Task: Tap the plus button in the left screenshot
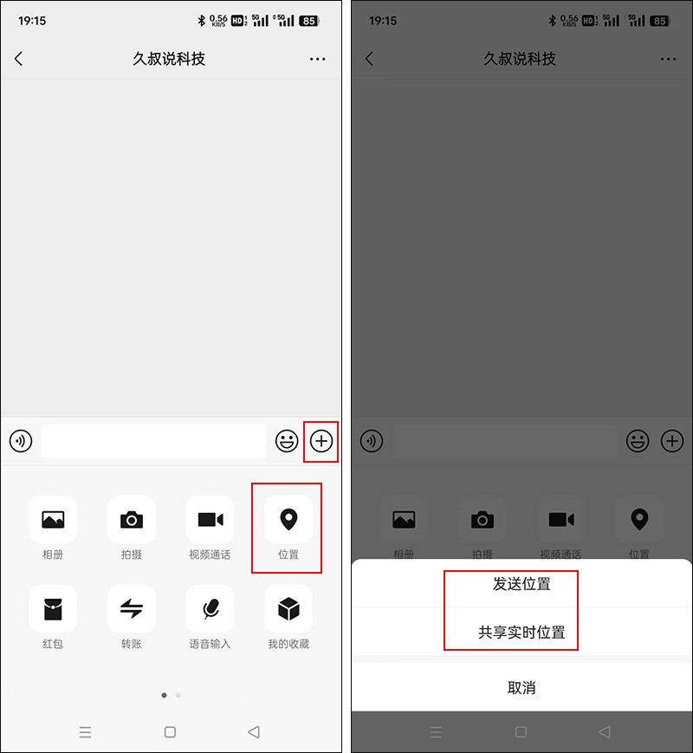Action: tap(321, 441)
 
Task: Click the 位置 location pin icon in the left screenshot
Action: tap(288, 520)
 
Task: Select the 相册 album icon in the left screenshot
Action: tap(53, 520)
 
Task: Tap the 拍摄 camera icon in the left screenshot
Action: tap(132, 520)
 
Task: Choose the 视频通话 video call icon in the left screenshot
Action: tap(210, 520)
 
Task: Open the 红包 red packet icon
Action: tap(53, 609)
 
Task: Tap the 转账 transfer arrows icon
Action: tap(132, 609)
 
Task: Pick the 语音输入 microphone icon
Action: tap(210, 609)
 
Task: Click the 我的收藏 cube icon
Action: tap(288, 609)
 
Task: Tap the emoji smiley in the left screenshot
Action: tap(287, 441)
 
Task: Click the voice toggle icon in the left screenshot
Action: tap(21, 441)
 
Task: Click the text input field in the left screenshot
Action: tap(153, 441)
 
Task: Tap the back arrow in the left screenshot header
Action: tap(19, 59)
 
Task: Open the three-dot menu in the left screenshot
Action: tap(317, 59)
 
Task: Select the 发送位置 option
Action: tap(521, 584)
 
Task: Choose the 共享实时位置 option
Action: tap(521, 632)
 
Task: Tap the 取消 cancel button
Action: tap(521, 688)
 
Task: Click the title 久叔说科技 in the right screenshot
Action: tap(520, 59)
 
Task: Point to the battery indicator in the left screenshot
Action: tap(308, 21)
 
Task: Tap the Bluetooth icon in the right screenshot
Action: tap(553, 20)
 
